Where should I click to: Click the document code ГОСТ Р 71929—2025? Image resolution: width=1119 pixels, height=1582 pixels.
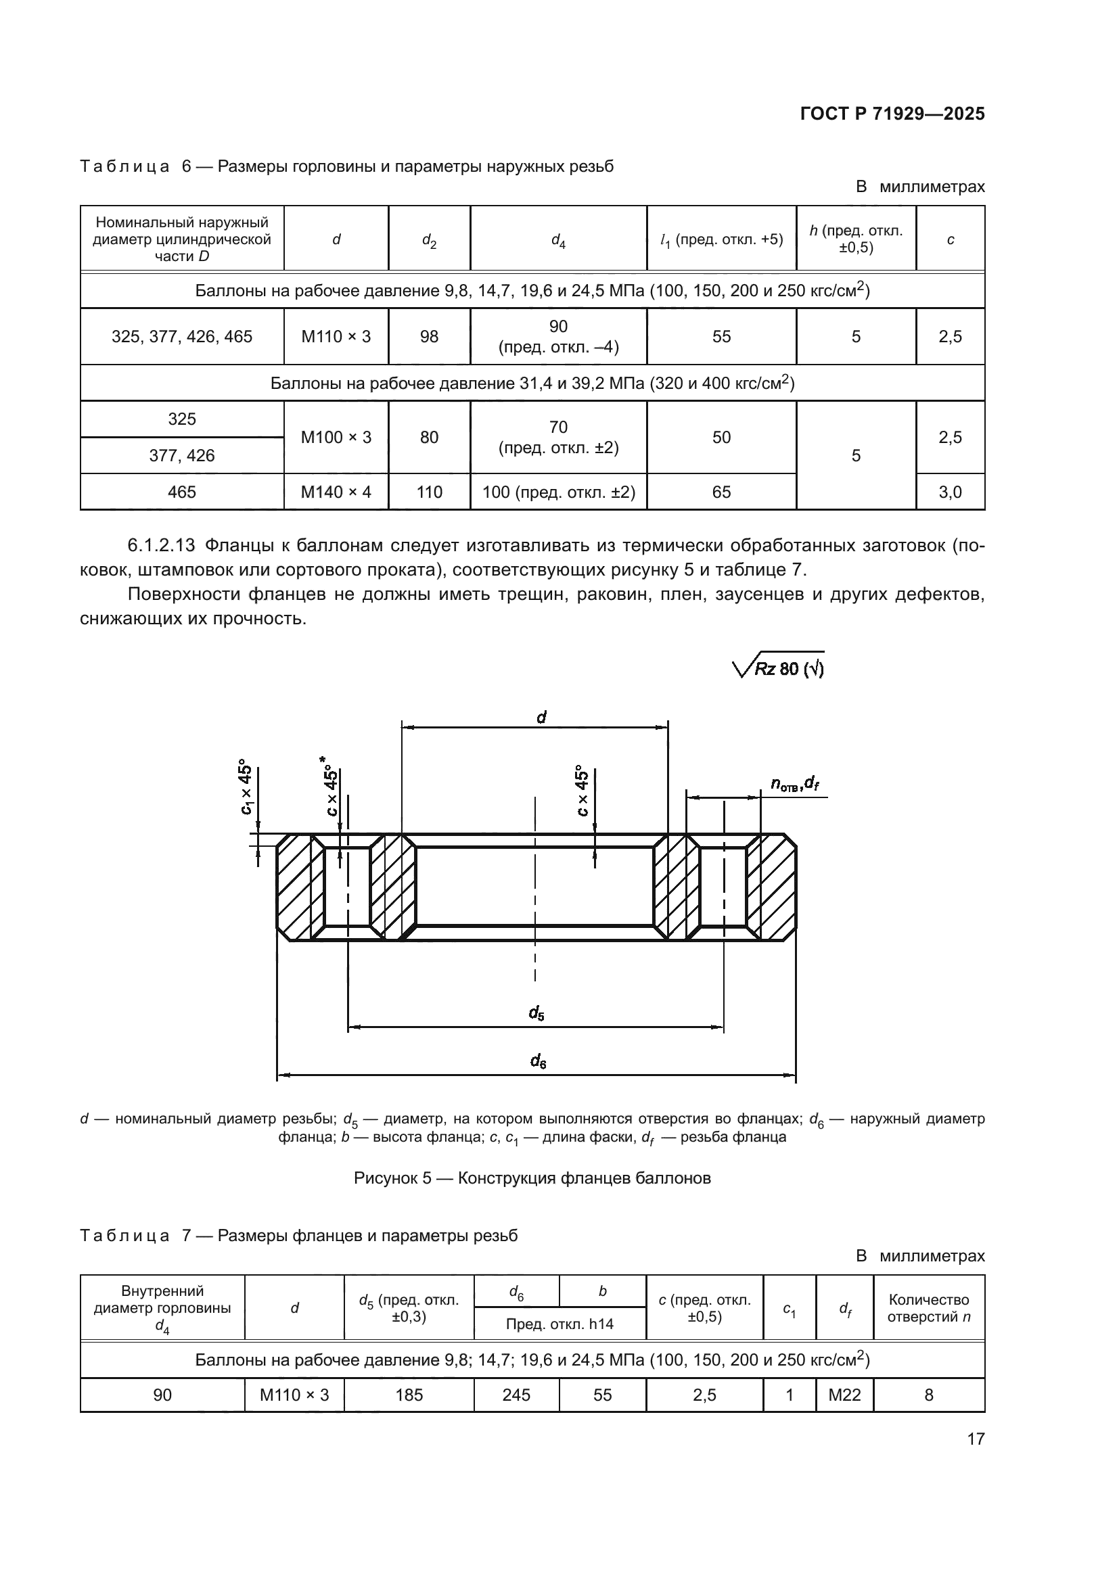892,114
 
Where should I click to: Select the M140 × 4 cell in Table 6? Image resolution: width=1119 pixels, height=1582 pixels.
336,492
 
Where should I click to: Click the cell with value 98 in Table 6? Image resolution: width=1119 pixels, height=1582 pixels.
430,336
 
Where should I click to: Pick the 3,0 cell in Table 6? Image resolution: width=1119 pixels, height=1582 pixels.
950,492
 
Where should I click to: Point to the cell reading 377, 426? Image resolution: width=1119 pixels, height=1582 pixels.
182,455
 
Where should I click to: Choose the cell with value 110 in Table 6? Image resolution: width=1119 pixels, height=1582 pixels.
430,492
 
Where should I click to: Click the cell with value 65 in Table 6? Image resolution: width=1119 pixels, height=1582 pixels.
721,492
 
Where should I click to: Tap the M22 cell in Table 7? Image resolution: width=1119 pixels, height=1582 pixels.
845,1395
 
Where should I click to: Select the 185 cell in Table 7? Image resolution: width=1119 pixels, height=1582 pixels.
409,1395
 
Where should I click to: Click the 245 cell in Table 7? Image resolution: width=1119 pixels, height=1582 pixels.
517,1395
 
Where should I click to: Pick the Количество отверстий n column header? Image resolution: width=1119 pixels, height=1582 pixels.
929,1308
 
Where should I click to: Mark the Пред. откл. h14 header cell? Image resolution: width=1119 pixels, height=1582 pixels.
559,1324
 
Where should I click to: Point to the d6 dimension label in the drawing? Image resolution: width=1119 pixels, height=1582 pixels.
538,1062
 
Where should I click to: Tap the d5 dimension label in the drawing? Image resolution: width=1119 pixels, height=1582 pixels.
536,1013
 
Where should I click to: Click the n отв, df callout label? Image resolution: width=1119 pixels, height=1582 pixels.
794,783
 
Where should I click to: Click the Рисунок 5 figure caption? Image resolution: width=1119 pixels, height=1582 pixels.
532,1178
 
